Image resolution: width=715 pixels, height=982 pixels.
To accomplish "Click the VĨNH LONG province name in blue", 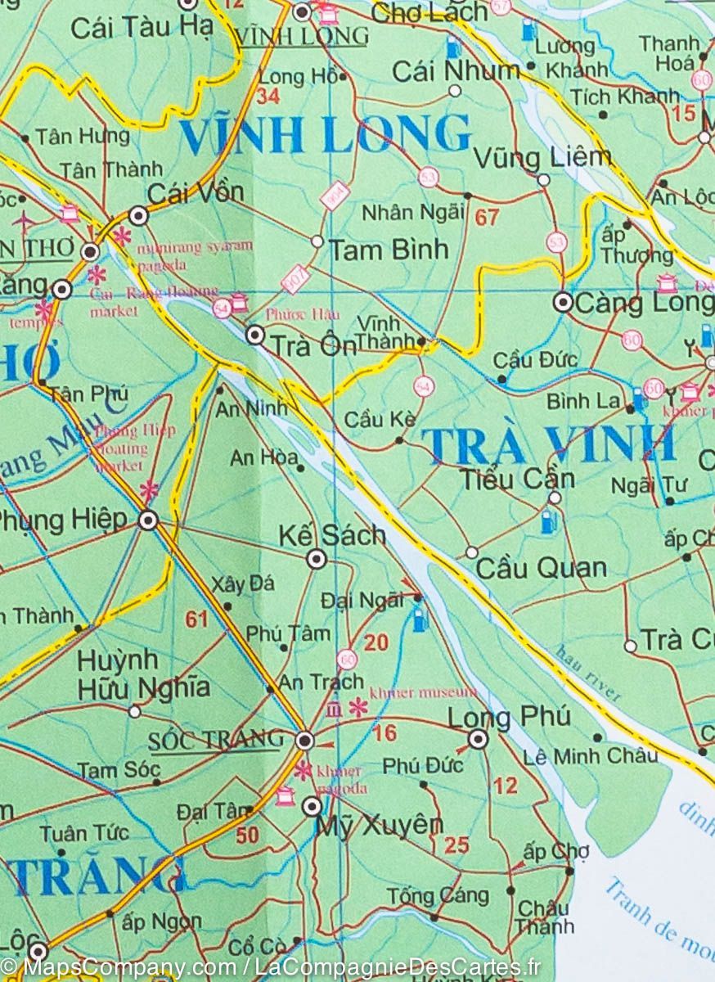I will [x=325, y=135].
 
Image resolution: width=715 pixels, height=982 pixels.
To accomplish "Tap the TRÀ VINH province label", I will [x=549, y=444].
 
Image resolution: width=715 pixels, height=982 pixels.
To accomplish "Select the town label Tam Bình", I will [x=388, y=250].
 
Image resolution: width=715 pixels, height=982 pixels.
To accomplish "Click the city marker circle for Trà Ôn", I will [x=255, y=335].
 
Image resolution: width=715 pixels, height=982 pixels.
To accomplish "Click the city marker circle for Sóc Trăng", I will [x=305, y=741].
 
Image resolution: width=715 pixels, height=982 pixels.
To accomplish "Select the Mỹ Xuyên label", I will [x=379, y=825].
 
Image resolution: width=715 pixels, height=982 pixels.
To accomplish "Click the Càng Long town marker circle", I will [x=563, y=302].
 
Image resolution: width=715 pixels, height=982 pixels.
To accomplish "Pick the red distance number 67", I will [x=487, y=218].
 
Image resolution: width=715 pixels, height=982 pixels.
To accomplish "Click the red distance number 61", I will [x=196, y=619].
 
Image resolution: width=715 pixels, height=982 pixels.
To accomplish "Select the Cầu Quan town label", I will [x=541, y=568].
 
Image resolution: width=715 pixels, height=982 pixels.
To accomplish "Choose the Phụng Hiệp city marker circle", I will [x=148, y=520].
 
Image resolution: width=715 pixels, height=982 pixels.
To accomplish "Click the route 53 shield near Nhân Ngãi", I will [x=428, y=176].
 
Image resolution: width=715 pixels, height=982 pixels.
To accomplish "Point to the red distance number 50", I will [x=247, y=836].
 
